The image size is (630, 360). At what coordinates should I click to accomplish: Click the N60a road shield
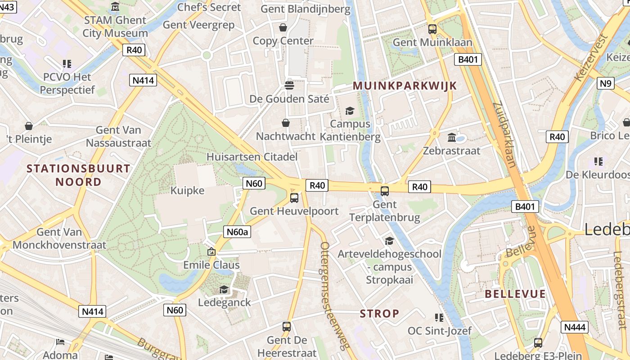click(237, 232)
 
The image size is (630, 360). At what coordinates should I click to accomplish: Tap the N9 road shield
click(606, 83)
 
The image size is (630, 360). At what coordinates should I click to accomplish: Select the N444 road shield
click(575, 327)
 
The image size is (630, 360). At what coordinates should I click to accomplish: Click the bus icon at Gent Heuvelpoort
click(294, 198)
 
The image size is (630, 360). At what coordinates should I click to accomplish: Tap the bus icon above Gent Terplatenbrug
click(385, 191)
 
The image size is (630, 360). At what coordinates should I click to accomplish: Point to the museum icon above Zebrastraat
click(452, 137)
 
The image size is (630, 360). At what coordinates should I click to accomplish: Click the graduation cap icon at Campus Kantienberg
click(350, 111)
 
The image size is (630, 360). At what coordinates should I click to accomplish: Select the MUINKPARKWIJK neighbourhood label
click(405, 85)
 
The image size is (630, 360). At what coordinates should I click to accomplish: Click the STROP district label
click(379, 314)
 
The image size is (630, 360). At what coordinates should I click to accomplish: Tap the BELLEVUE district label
click(515, 294)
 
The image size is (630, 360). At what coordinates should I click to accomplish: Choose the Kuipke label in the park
click(187, 190)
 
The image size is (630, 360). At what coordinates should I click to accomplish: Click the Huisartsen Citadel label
click(252, 157)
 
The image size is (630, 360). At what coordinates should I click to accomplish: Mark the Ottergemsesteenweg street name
click(335, 295)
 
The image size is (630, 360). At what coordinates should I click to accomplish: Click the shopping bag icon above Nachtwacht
click(285, 123)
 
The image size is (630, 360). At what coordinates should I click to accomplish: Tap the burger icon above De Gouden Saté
click(289, 85)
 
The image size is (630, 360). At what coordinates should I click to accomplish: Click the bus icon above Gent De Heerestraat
click(287, 327)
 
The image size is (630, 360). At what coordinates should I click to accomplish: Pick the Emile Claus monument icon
click(211, 252)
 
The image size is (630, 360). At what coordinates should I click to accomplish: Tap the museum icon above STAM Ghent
click(115, 7)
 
